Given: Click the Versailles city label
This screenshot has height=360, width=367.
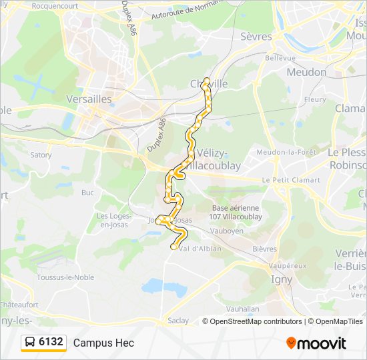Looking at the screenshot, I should click(89, 99).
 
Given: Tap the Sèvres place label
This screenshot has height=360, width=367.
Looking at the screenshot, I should click(256, 37).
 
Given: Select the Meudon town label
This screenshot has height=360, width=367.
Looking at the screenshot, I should click(306, 72).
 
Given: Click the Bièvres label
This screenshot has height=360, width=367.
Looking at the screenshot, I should click(264, 249).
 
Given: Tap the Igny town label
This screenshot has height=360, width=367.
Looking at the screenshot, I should click(281, 279).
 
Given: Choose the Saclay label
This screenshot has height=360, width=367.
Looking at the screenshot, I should click(178, 320).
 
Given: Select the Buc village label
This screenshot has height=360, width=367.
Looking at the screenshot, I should click(87, 193).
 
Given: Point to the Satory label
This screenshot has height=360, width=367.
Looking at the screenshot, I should click(41, 155).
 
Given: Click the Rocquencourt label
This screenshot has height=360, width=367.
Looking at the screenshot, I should click(55, 5).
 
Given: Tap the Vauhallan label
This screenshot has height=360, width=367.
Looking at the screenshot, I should click(242, 309).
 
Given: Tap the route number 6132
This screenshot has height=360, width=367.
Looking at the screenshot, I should click(51, 342).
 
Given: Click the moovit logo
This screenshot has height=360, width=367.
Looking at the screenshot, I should click(316, 343).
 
